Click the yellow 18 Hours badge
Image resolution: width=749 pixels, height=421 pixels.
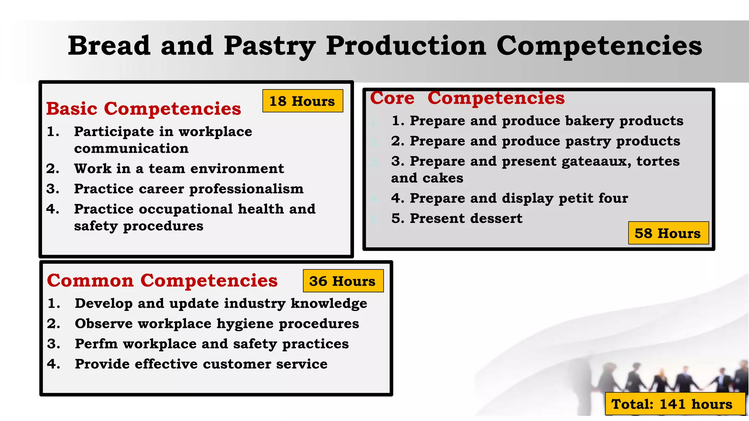click(x=302, y=101)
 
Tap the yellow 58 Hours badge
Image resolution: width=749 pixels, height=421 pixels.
click(x=668, y=233)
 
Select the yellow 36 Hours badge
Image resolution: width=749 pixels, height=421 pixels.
click(x=343, y=281)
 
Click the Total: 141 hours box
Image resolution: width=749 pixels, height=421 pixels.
click(x=675, y=404)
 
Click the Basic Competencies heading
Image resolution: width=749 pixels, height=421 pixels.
click(x=144, y=109)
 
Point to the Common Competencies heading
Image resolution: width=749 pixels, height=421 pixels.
click(x=162, y=280)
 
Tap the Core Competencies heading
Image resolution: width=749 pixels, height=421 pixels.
click(x=467, y=98)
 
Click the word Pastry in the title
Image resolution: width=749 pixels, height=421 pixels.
click(x=270, y=46)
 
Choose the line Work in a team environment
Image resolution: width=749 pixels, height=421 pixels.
click(x=179, y=168)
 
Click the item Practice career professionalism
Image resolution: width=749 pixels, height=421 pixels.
click(x=189, y=189)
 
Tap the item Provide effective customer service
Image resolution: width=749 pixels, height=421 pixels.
click(x=201, y=364)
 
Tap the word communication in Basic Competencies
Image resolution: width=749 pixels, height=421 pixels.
click(x=131, y=148)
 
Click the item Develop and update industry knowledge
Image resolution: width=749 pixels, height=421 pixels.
click(x=221, y=303)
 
